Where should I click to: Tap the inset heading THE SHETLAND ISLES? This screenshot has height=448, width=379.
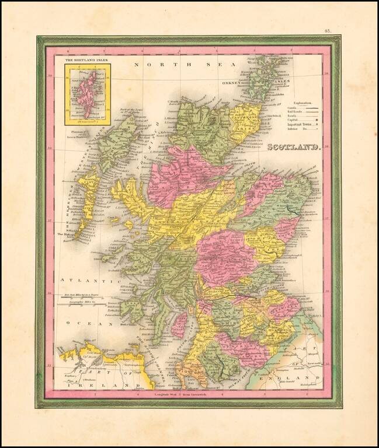pos(87,60)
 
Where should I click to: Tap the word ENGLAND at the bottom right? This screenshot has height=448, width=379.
pos(290,378)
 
